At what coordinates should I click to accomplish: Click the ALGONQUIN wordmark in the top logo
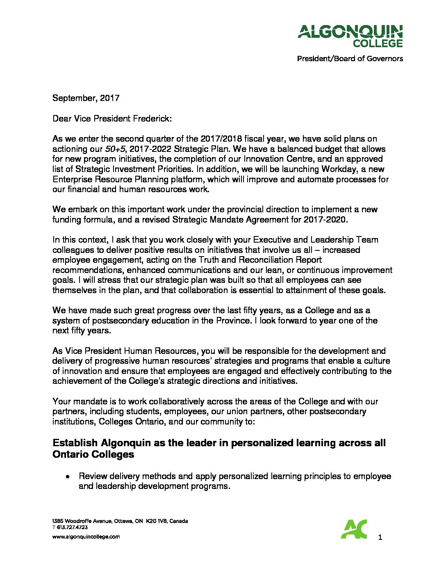click(350, 32)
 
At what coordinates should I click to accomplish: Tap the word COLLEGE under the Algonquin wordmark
click(378, 43)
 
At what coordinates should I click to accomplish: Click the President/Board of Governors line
click(350, 59)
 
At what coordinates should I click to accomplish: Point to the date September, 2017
click(86, 98)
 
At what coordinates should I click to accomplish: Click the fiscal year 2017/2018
click(222, 139)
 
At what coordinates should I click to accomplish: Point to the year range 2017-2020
click(325, 220)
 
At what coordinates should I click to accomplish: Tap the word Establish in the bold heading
click(75, 443)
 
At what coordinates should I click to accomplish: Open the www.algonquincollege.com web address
click(86, 537)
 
